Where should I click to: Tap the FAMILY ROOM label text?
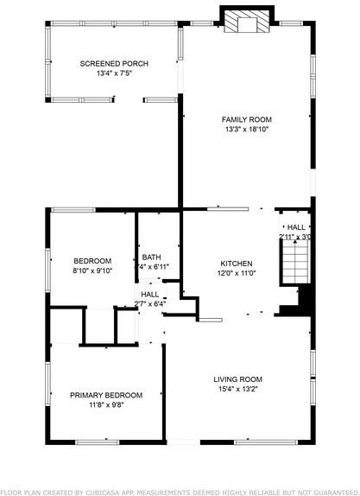pyautogui.click(x=246, y=119)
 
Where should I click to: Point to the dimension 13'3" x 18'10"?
pyautogui.click(x=246, y=130)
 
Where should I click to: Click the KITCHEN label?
pyautogui.click(x=236, y=264)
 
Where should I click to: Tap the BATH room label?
pyautogui.click(x=151, y=257)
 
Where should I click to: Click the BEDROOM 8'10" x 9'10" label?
pyautogui.click(x=92, y=261)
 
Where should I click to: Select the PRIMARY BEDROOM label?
pyautogui.click(x=106, y=395)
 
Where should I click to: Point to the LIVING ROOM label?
pyautogui.click(x=237, y=379)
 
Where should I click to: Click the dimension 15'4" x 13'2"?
pyautogui.click(x=237, y=390)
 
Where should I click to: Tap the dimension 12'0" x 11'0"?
pyautogui.click(x=236, y=273)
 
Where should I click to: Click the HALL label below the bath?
pyautogui.click(x=149, y=294)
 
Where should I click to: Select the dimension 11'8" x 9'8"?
pyautogui.click(x=106, y=404)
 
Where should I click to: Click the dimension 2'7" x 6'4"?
pyautogui.click(x=149, y=303)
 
